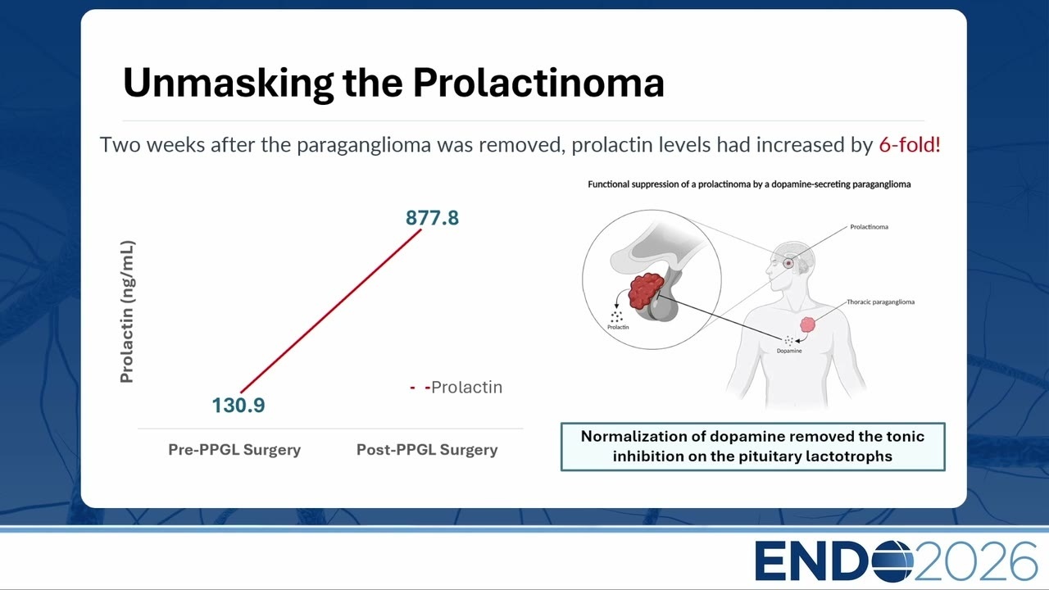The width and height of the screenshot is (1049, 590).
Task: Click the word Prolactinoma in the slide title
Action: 538,83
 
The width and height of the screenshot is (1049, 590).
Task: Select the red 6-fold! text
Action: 910,145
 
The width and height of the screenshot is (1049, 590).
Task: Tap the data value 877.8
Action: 432,218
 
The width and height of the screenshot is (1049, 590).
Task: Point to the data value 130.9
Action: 238,406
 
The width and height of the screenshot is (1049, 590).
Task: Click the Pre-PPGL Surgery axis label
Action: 234,450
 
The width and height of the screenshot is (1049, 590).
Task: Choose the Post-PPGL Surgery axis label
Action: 427,450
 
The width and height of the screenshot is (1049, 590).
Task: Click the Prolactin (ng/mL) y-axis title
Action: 127,312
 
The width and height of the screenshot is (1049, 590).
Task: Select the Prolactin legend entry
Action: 456,388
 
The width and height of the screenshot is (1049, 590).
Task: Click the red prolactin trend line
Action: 330,311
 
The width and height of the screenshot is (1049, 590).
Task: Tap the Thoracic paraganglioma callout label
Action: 880,302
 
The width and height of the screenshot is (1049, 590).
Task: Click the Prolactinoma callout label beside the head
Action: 870,227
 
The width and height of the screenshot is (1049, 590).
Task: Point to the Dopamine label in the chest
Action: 789,351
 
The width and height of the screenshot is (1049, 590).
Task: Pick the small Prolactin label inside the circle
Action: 618,327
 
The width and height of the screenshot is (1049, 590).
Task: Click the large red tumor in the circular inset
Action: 645,290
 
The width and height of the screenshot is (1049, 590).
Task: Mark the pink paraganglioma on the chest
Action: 808,324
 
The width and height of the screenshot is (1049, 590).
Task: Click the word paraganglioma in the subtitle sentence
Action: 364,145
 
